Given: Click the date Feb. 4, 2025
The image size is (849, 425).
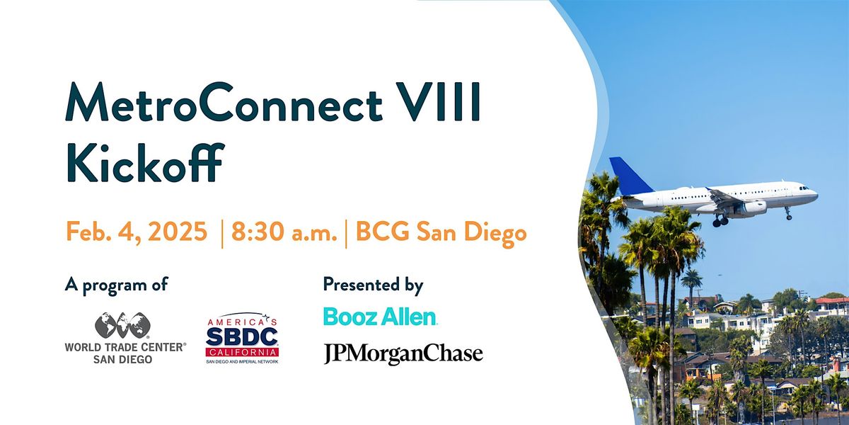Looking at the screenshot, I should [137, 232].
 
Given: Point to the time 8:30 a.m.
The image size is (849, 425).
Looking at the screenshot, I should [284, 233].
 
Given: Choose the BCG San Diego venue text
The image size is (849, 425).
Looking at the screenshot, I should [441, 233].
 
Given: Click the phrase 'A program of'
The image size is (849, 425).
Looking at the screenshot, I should [116, 285].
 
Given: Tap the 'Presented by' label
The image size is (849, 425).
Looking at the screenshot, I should [373, 285].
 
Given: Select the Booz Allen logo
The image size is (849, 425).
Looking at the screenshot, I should [380, 317].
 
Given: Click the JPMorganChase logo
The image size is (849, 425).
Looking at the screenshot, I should [403, 353].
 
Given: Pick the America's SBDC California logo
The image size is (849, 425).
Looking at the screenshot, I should [242, 339].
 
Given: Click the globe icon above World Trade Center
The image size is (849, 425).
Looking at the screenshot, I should [123, 326].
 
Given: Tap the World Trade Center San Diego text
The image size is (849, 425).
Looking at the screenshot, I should [125, 353].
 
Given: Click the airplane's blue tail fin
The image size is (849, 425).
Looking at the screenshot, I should [629, 176].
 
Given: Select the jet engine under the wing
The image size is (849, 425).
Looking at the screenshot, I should [753, 208].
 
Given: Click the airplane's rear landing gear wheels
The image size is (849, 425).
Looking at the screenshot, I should [720, 222].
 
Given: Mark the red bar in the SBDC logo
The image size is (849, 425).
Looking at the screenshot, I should [242, 352].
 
